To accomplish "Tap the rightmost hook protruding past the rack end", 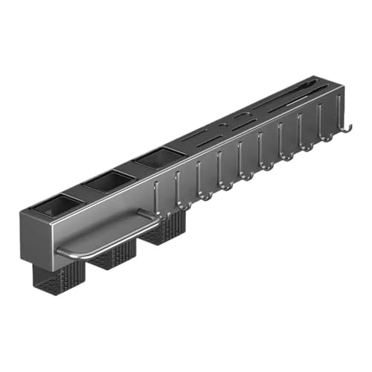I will click(344, 132).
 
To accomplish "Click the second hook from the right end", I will click(324, 135).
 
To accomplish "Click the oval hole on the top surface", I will click(240, 118).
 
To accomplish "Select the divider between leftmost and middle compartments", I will click(83, 192).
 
